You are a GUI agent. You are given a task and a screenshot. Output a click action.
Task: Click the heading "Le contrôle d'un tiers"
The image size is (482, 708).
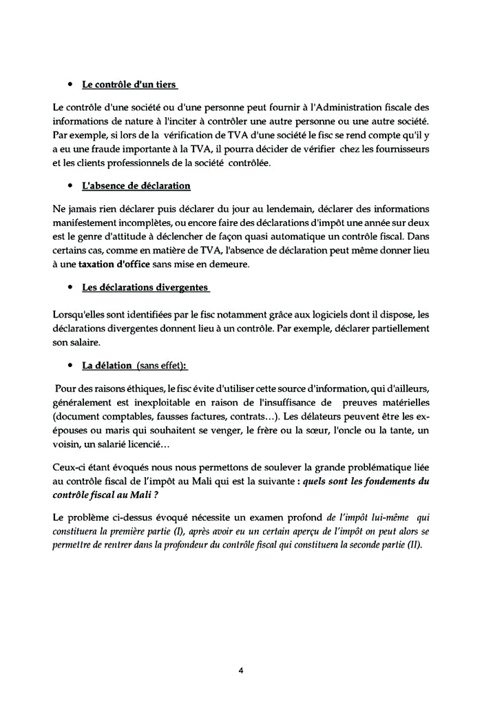pyautogui.click(x=129, y=86)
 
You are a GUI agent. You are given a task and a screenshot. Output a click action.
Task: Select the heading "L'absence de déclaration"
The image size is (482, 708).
pyautogui.click(x=136, y=186)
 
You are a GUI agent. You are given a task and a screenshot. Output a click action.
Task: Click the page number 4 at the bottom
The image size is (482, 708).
pyautogui.click(x=241, y=670)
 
